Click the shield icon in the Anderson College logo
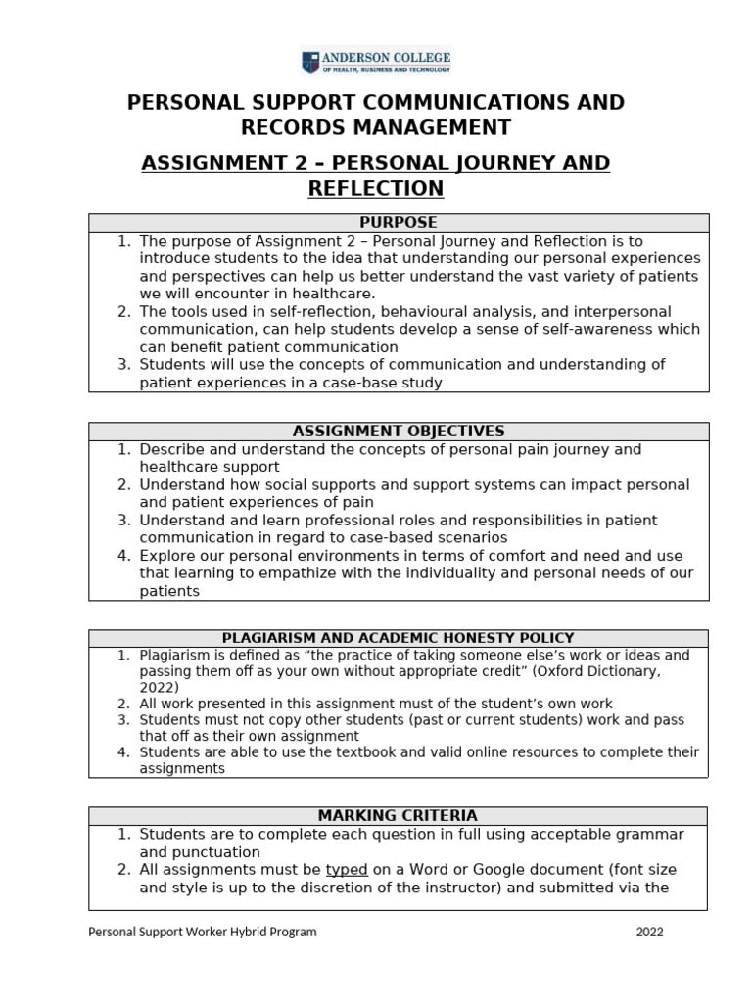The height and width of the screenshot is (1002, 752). coord(309,63)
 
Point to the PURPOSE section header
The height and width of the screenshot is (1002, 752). coord(398,222)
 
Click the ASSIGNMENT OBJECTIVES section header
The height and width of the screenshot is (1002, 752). coord(398,431)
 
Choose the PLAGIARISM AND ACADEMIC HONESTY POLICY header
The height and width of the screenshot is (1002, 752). coord(398,638)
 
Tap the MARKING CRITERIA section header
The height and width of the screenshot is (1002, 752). coord(398,815)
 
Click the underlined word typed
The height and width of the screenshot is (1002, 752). coord(347,869)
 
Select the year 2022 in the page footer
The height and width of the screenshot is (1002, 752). coord(649,932)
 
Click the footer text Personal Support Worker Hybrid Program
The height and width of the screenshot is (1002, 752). coord(203,932)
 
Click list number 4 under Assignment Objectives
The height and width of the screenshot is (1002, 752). coord(123,556)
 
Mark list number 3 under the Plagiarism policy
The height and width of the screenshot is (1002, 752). coord(123,720)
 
